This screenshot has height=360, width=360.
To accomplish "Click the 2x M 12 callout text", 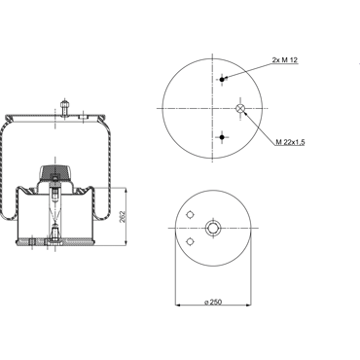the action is tap(285, 60).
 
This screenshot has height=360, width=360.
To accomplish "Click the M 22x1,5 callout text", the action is tap(290, 142).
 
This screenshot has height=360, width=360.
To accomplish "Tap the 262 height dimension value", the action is tap(122, 217).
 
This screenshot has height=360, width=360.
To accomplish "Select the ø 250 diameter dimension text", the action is tap(213, 302).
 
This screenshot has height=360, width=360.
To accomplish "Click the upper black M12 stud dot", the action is tap(222, 80).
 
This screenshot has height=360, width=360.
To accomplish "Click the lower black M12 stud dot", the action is tap(222, 137).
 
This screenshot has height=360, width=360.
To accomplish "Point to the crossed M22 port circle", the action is tap(240, 108).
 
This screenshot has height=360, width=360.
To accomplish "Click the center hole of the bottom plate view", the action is tap(213, 229).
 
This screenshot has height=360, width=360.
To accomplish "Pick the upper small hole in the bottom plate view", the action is tap(190, 215).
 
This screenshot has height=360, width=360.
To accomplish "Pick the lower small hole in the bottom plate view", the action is tap(190, 241).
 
